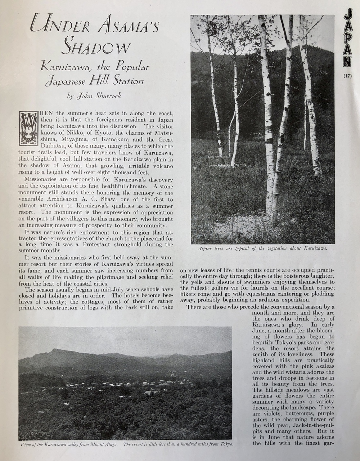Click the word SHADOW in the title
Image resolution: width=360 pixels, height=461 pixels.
point(96,47)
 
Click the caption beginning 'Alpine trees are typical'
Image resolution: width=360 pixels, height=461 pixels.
point(262,249)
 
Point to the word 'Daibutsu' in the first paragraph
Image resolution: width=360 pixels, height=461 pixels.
point(54,146)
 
